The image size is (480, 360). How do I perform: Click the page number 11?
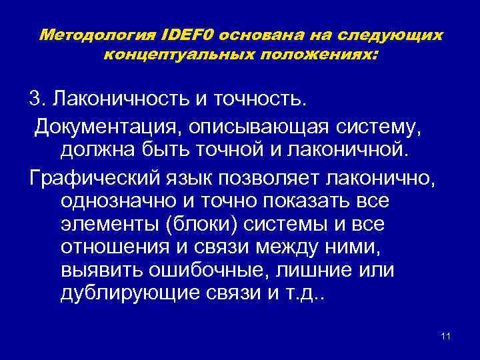pos(445,335)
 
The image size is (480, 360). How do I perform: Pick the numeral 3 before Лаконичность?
pos(34,99)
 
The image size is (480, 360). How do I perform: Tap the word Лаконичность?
pos(121,99)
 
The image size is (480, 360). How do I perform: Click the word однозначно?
pos(125,201)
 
